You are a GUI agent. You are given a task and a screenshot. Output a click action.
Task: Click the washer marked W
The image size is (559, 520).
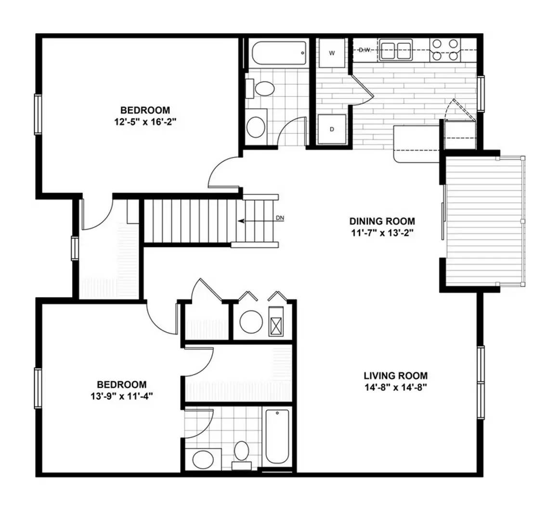point(332,53)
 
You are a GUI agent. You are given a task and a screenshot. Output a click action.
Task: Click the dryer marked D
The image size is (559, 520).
point(332,129)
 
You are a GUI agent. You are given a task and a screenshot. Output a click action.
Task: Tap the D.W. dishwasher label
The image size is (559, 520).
point(365,50)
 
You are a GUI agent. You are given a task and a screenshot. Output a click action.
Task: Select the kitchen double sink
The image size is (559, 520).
point(396,50)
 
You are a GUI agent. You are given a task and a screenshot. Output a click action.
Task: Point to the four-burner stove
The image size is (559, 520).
point(445,50)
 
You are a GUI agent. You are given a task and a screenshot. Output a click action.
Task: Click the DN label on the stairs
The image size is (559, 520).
point(280,218)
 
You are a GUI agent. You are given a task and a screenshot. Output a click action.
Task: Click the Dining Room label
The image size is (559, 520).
point(382,221)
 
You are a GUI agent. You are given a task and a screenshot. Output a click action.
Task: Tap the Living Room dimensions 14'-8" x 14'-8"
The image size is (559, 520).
point(395,388)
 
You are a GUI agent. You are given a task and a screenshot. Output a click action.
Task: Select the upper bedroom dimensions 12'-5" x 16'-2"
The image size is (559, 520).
point(145,122)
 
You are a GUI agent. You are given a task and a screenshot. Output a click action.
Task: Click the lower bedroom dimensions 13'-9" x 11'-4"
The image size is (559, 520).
point(122,396)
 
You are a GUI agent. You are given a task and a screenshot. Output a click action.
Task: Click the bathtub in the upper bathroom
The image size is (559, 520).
point(279,53)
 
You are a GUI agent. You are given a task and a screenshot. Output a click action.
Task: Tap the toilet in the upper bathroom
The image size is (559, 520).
point(260,89)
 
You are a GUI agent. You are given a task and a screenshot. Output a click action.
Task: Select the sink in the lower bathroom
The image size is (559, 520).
point(203,459)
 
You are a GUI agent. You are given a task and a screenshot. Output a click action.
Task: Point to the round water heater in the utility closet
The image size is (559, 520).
point(251,322)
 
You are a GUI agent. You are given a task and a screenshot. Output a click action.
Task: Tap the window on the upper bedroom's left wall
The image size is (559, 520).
point(38,114)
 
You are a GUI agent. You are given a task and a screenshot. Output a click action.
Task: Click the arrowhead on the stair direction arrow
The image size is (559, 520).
point(241,221)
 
